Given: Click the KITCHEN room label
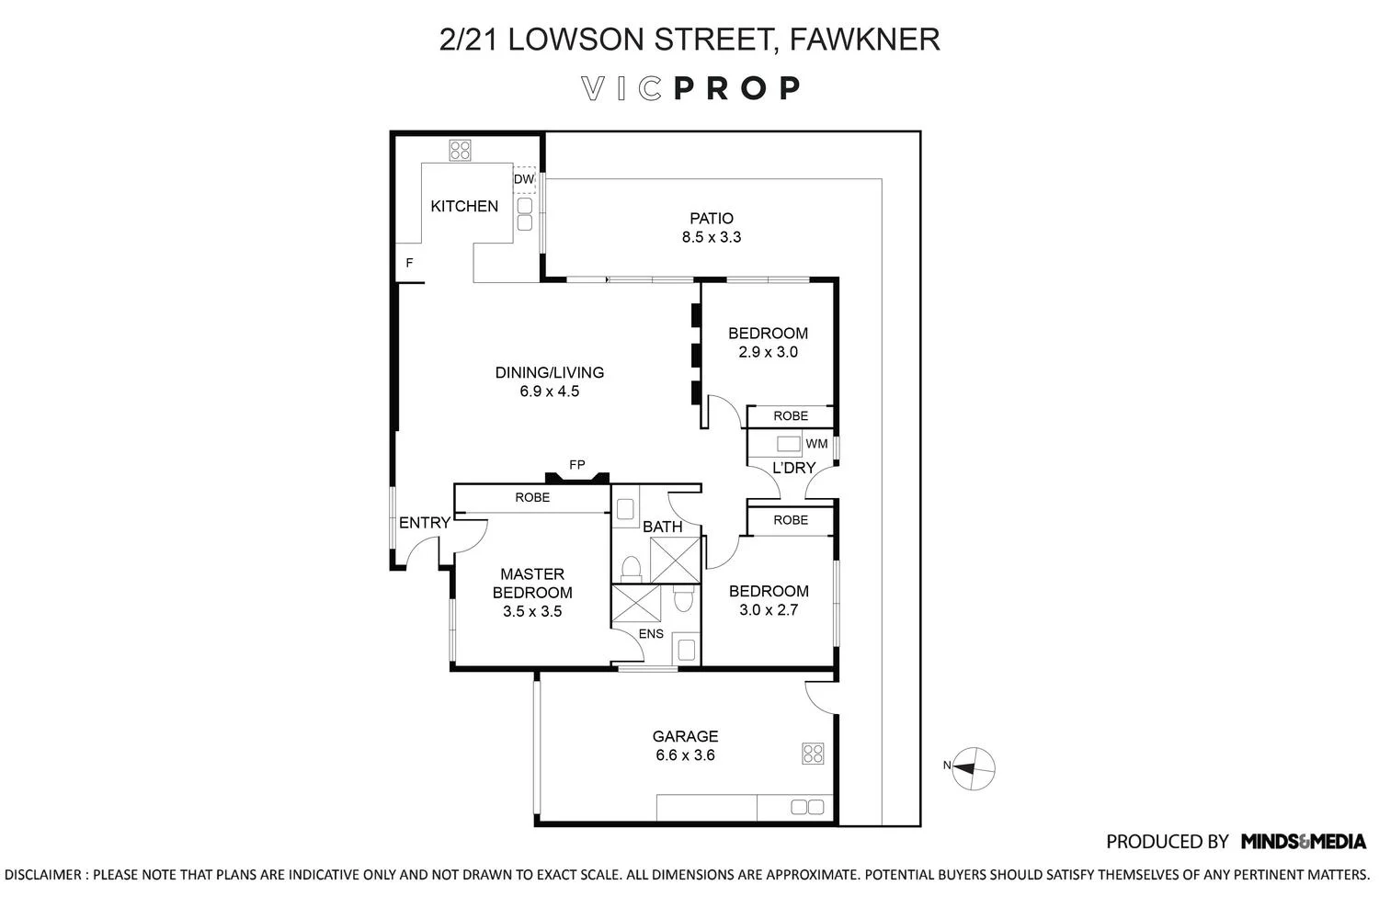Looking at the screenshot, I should (x=464, y=206).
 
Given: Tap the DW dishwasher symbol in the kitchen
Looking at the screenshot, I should (x=523, y=179).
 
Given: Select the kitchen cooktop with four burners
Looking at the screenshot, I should (x=460, y=150).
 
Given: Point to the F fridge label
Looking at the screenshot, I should (x=409, y=264).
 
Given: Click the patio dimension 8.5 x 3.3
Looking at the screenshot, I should (x=712, y=237).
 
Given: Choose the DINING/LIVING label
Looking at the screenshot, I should (x=549, y=372).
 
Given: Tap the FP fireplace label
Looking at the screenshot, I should (x=576, y=465).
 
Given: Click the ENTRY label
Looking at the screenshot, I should (x=424, y=523).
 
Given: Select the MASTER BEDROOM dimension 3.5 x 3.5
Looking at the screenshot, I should (x=532, y=611).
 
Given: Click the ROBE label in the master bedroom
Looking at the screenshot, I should (x=532, y=497).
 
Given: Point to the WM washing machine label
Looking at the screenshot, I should (x=816, y=444).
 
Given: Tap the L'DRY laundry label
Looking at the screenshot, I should (x=793, y=468).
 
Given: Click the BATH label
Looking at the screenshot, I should (x=662, y=527).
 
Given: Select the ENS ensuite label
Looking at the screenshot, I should (x=651, y=634).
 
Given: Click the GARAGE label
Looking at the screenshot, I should (x=685, y=736).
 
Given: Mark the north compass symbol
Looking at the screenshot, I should (x=972, y=766).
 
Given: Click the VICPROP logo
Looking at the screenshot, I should (x=691, y=88).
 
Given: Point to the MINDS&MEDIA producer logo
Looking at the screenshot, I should (x=1304, y=841).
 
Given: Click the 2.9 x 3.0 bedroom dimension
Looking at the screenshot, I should (x=768, y=352).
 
